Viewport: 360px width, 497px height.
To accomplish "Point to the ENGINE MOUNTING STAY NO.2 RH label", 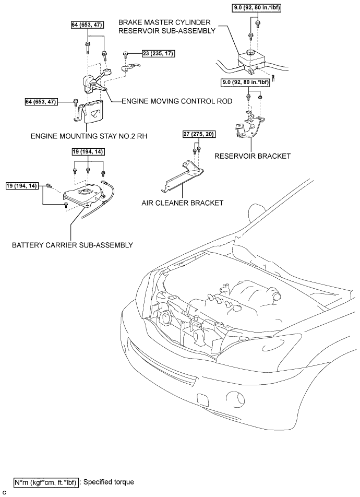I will point(88,135).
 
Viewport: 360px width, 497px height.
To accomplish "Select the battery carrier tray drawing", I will point(86,196).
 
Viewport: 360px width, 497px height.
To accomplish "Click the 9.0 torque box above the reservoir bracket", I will point(244,82).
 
